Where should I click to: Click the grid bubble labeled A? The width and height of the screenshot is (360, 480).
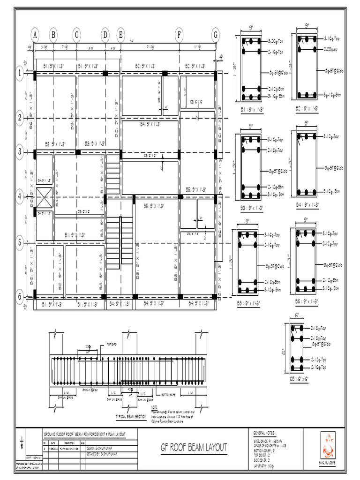tap(35, 35)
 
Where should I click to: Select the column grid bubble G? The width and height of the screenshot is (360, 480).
tap(216, 35)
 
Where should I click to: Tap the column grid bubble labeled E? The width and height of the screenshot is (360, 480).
tap(121, 35)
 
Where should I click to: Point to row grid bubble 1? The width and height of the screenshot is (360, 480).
tap(20, 73)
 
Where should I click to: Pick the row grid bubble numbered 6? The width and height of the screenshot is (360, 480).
tap(20, 296)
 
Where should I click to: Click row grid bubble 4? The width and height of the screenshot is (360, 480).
tap(20, 197)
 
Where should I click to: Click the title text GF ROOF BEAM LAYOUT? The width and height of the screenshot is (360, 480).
tap(194, 446)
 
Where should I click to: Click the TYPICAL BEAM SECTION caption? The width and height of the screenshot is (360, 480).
tap(131, 416)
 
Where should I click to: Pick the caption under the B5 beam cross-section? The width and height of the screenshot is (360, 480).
tap(249, 302)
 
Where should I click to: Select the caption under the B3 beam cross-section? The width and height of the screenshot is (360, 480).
tap(251, 207)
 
